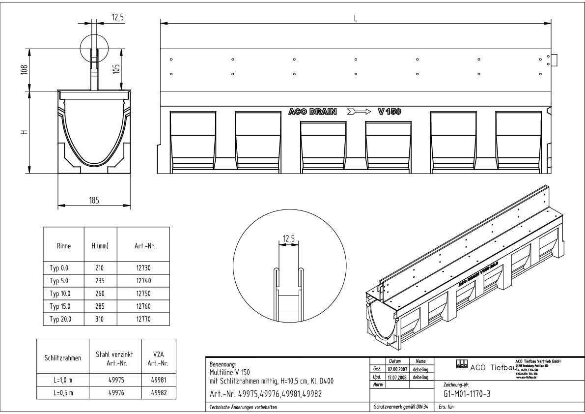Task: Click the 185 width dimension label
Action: tap(94, 200)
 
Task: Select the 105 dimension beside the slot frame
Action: tap(116, 69)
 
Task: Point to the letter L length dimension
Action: tap(355, 18)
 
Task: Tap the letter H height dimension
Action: tap(23, 131)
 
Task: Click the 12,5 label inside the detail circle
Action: tap(288, 240)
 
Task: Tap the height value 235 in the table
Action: tap(100, 281)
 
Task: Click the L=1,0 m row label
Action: tap(62, 379)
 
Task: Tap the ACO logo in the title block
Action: tap(462, 364)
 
